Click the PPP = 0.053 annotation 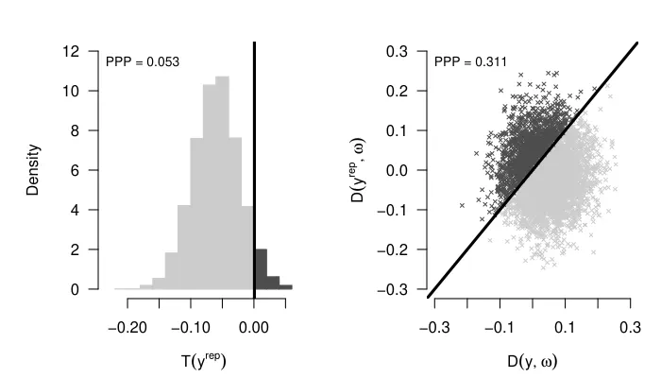point(143,62)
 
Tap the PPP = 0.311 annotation point(470,62)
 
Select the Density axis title point(34,170)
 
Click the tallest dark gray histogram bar point(262,269)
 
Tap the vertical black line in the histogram point(255,142)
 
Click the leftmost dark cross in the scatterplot point(462,205)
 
